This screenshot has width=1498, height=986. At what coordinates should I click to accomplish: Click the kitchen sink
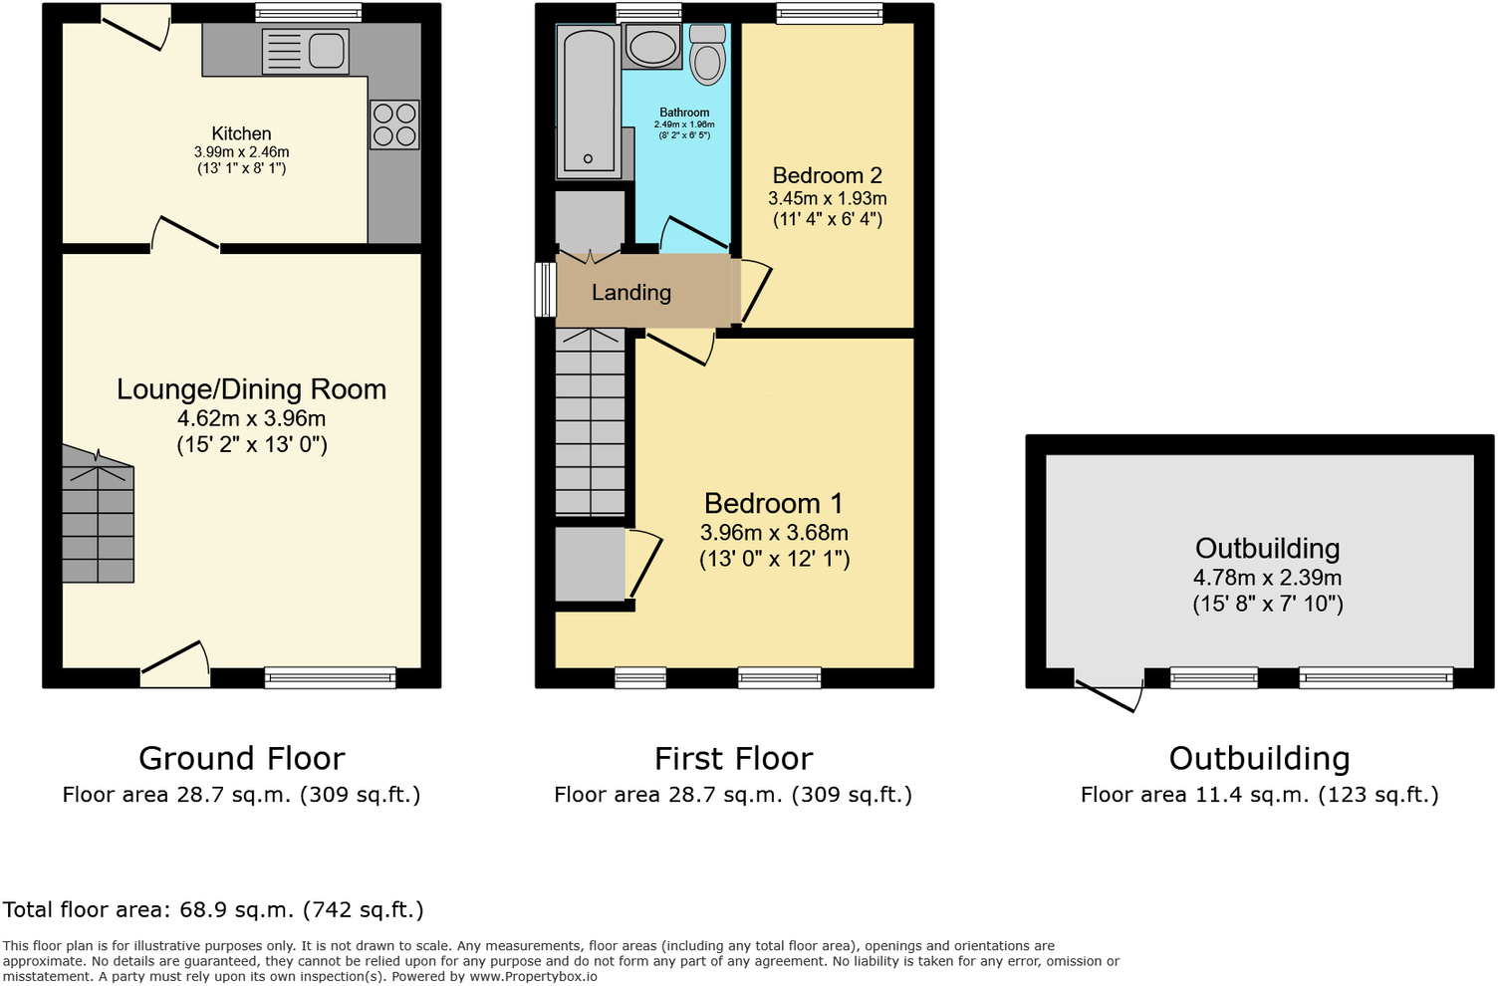306,51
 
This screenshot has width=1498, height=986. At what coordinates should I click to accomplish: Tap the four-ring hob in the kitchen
394,124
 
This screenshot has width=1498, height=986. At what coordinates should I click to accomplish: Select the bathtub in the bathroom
589,101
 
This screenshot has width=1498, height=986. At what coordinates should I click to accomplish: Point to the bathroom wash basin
652,47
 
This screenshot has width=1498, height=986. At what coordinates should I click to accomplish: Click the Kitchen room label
241,133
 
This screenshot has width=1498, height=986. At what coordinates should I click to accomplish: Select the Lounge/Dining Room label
251,389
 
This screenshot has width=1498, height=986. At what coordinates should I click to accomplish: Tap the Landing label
631,293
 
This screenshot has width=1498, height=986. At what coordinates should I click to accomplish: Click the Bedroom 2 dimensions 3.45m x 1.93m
827,198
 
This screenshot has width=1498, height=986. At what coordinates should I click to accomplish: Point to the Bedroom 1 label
774,504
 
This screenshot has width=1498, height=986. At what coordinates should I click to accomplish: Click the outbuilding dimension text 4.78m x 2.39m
1267,578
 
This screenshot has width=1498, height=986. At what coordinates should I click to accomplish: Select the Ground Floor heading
242,759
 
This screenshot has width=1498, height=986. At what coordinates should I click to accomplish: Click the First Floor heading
733,759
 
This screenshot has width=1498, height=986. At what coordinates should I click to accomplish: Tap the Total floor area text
213,910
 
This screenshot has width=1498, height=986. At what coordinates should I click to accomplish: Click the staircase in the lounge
98,516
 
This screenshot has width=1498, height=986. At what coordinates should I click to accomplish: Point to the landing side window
545,290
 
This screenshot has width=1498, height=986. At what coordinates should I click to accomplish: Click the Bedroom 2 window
829,13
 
